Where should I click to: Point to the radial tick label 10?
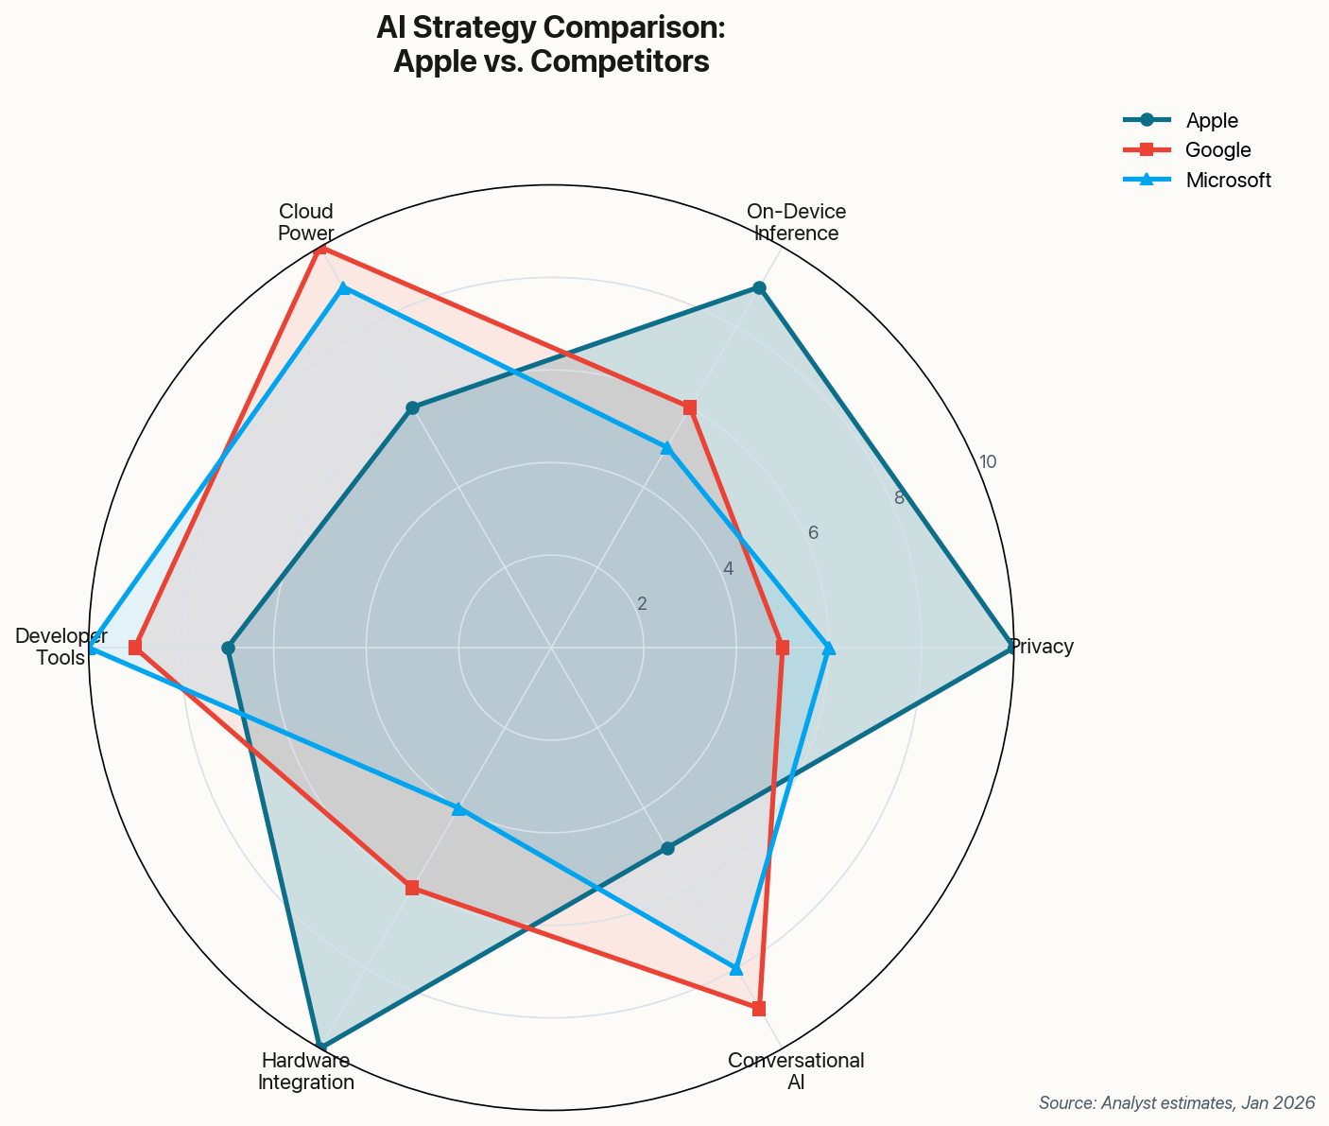coord(987,462)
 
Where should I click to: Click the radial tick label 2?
coord(642,604)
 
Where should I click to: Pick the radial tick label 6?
coord(813,533)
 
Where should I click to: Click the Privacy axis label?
coord(1042,648)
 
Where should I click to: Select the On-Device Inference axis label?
coord(796,222)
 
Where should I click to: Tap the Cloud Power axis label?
coord(305,222)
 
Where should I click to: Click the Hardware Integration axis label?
coord(306,1072)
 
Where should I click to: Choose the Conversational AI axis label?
coord(796,1072)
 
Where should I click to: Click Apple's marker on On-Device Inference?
coord(759,287)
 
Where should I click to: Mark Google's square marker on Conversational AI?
coord(759,1009)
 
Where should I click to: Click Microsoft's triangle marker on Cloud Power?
coord(344,287)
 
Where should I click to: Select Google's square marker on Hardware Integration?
coord(412,888)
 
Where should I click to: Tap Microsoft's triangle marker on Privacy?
coord(829,648)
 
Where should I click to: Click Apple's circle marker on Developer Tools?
coord(228,648)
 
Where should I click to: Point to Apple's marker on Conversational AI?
coord(667,848)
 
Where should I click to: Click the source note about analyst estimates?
coord(1177,1103)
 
